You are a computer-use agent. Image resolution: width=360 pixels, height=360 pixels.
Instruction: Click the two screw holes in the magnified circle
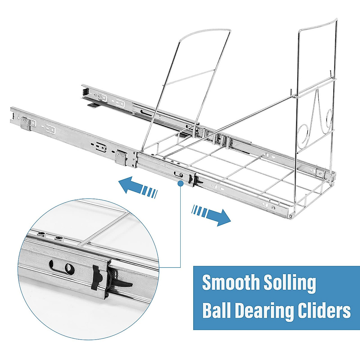pos(50,237)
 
